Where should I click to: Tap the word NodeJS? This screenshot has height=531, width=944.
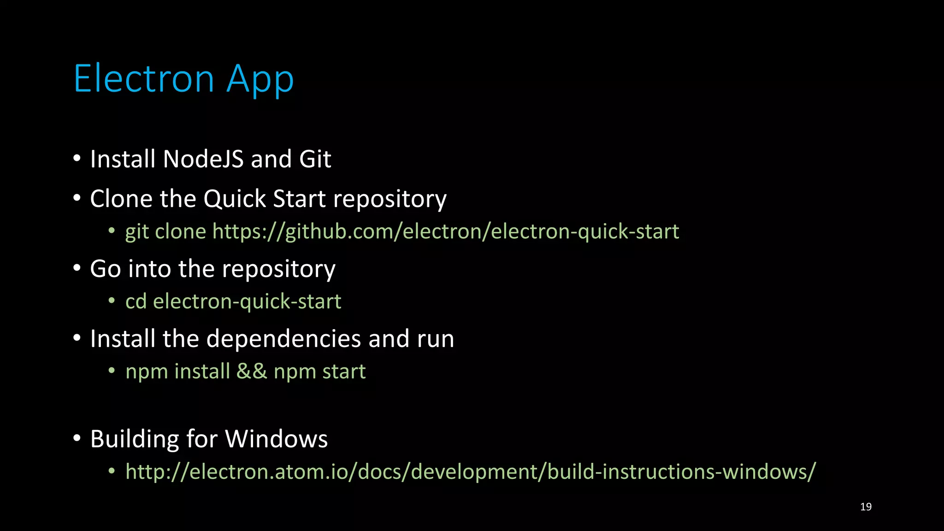coord(203,159)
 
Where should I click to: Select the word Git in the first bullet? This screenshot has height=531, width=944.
coord(315,159)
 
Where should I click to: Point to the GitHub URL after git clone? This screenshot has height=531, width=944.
coord(446,231)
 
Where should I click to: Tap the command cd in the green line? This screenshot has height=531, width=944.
coord(136,301)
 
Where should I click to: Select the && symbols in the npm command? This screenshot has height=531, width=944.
coord(252,372)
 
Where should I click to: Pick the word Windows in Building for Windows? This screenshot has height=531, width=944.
coord(277,439)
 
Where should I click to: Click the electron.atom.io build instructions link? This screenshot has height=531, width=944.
coord(471,472)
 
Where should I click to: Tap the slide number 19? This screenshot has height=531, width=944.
coord(866,507)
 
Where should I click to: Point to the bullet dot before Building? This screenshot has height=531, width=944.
coord(77,438)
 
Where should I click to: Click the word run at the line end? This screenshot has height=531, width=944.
coord(436,340)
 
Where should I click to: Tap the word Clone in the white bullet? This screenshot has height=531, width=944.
coord(121,199)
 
